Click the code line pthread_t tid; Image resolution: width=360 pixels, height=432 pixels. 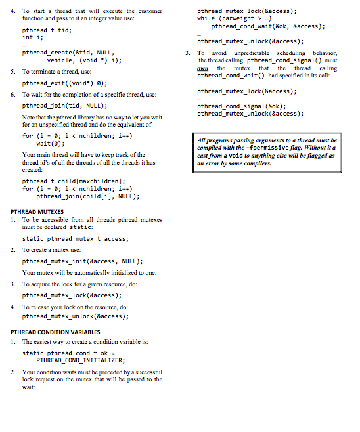tap(47, 30)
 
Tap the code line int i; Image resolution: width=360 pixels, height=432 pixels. tap(33, 37)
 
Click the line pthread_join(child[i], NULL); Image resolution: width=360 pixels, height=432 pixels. tap(87, 196)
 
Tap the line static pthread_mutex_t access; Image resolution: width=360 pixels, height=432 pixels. tap(76, 239)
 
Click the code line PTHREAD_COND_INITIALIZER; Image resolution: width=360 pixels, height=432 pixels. tap(80, 360)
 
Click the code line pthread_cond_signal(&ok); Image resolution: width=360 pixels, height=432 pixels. tap(241, 106)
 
